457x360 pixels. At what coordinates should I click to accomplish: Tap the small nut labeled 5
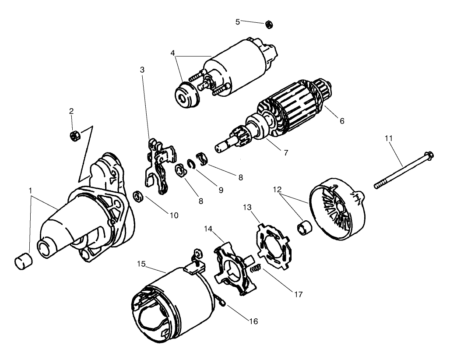267,24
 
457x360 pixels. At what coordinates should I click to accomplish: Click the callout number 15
141,265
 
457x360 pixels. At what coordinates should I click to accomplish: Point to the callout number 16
253,321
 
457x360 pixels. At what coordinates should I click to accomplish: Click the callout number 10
174,215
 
